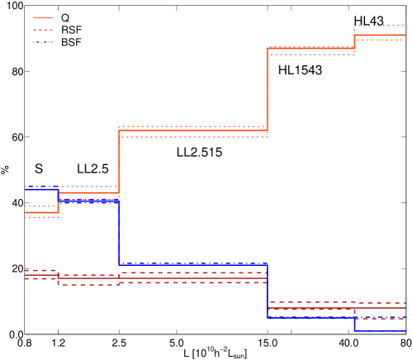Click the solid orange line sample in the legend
[x=43, y=17]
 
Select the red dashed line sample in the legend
[x=43, y=30]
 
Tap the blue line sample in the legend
[x=43, y=41]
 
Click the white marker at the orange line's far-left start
[x=26, y=212]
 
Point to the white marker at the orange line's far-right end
[x=405, y=35]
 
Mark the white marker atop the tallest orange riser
[x=267, y=48]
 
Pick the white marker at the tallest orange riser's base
[x=267, y=130]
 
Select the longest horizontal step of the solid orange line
[x=193, y=130]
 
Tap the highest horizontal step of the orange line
[x=380, y=35]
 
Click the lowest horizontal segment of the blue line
[x=380, y=330]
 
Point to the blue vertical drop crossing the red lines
[x=267, y=291]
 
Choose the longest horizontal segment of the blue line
[x=193, y=264]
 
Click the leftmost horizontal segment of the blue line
[x=41, y=188]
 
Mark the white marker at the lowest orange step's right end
[x=58, y=212]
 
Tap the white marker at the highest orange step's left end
[x=354, y=35]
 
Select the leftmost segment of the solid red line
[x=41, y=274]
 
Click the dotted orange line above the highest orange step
[x=380, y=26]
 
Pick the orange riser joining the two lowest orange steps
[x=58, y=202]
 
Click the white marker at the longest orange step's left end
[x=119, y=130]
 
